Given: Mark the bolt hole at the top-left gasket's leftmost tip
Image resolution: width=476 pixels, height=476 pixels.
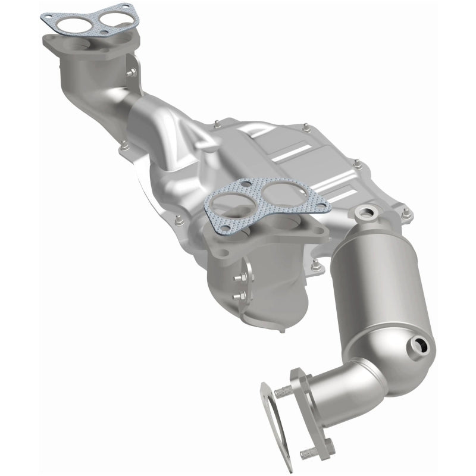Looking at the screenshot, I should (x=48, y=19).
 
